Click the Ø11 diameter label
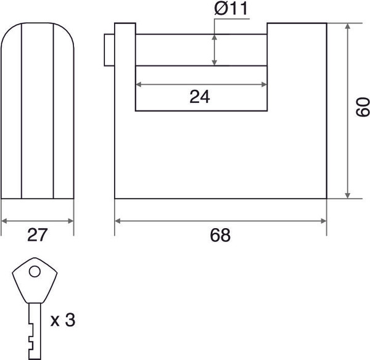point(231,9)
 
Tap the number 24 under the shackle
point(200,97)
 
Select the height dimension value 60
point(363,107)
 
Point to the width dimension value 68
point(220,235)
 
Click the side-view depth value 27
point(37,235)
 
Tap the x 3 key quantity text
point(63,320)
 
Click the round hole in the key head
point(35,271)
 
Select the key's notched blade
point(35,331)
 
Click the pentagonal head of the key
point(35,280)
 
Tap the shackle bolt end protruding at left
point(109,50)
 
